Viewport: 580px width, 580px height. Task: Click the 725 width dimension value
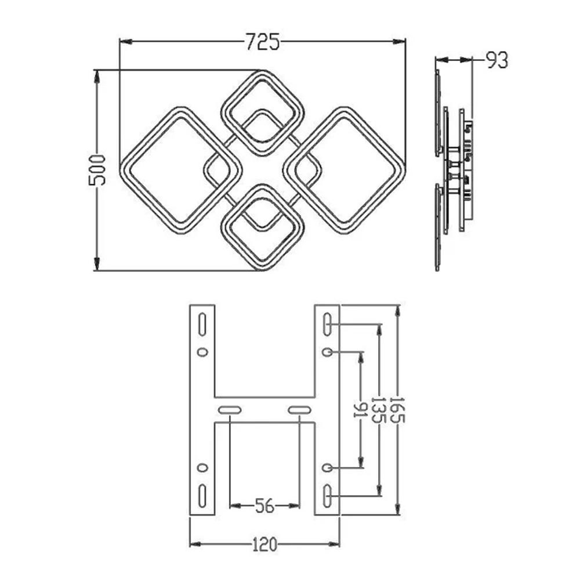click(263, 41)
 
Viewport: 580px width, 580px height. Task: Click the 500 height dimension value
click(97, 170)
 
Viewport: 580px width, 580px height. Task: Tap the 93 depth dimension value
click(497, 60)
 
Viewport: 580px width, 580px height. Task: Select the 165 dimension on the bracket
click(398, 410)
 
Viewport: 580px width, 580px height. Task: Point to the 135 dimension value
click(378, 410)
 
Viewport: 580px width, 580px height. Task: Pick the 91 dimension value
click(360, 410)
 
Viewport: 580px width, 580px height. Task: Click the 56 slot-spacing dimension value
click(265, 506)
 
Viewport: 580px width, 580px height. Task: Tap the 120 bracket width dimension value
click(264, 544)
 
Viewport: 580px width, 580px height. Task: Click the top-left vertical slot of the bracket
click(202, 324)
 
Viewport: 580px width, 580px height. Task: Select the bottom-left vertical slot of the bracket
click(202, 496)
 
